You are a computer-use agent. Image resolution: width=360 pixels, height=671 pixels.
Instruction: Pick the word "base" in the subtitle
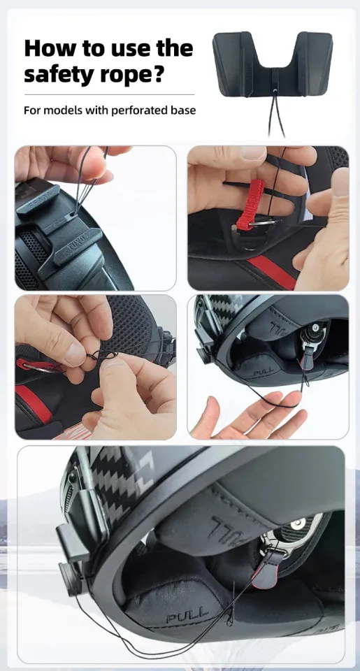181,110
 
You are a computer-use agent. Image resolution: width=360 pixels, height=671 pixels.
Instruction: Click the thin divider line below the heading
108,94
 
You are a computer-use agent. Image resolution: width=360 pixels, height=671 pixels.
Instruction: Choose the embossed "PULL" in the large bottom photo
187,616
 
